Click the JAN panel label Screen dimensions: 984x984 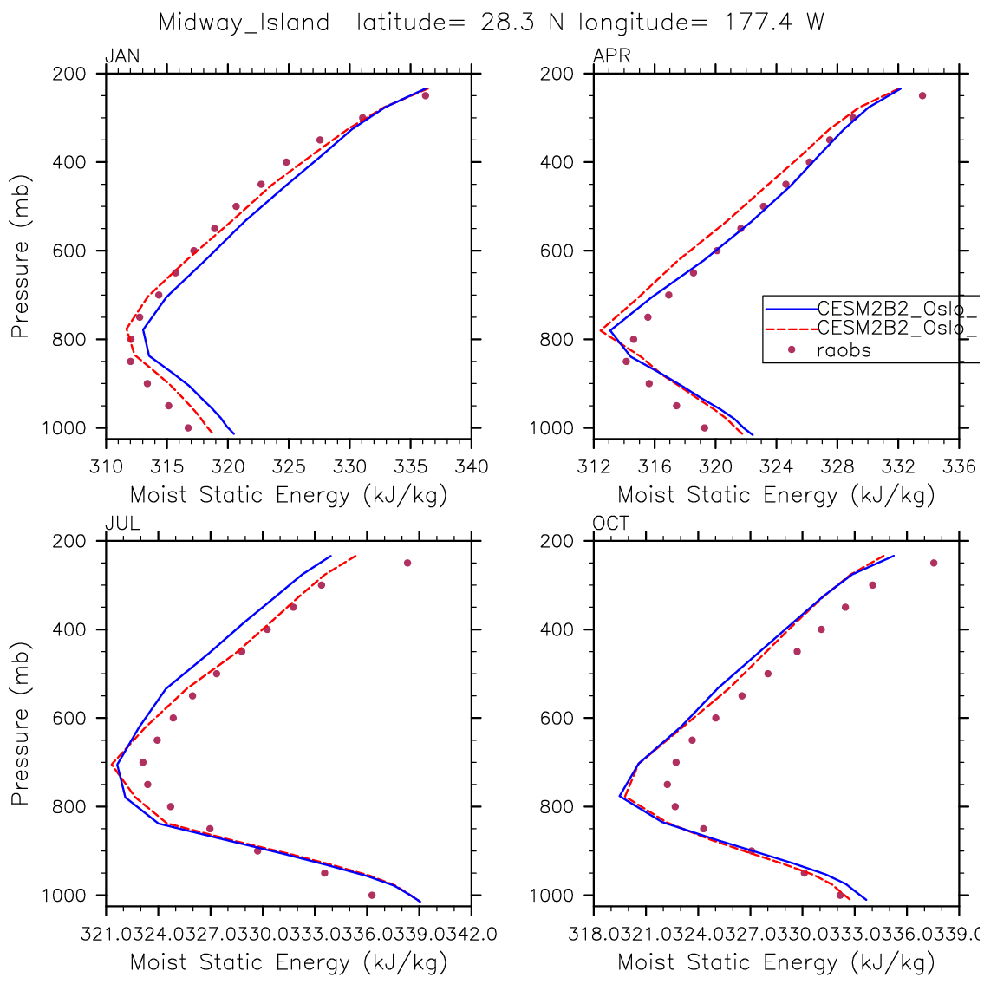coord(122,57)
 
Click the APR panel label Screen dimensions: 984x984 coord(611,57)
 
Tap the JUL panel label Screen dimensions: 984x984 coord(122,524)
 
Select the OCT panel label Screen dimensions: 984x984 coord(611,524)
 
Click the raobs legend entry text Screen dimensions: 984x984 coord(844,350)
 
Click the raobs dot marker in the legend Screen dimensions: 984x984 coord(792,350)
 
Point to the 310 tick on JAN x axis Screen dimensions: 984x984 coord(106,467)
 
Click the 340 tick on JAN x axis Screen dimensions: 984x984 coord(472,467)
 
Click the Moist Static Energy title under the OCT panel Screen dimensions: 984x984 coord(776,962)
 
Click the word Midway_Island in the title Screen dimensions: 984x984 coord(244,23)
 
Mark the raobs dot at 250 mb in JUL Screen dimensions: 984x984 coord(407,563)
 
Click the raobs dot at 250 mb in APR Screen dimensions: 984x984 coord(922,95)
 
